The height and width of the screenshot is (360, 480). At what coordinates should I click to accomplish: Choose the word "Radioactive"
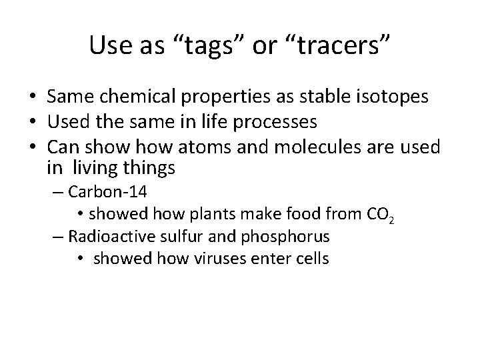tap(108, 237)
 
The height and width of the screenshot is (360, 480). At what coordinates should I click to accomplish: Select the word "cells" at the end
tap(311, 258)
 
